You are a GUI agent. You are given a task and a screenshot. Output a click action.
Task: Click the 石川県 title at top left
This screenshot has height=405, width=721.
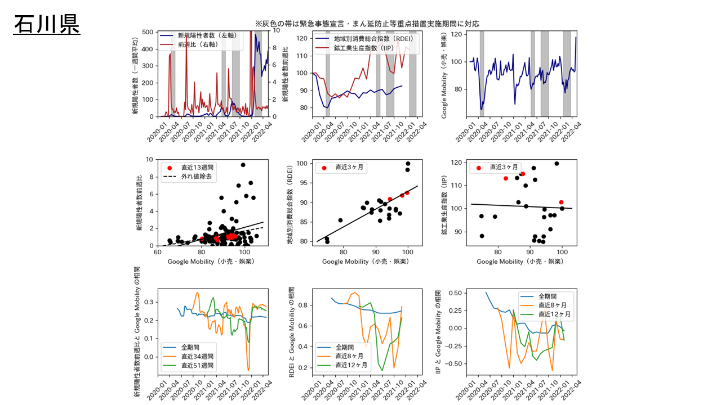47,24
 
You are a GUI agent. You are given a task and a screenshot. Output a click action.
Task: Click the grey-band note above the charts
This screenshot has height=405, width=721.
367,24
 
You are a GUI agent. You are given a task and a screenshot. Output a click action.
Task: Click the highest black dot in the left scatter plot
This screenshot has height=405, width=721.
243,165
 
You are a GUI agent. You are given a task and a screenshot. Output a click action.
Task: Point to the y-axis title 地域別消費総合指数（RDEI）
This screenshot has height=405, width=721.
291,205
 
